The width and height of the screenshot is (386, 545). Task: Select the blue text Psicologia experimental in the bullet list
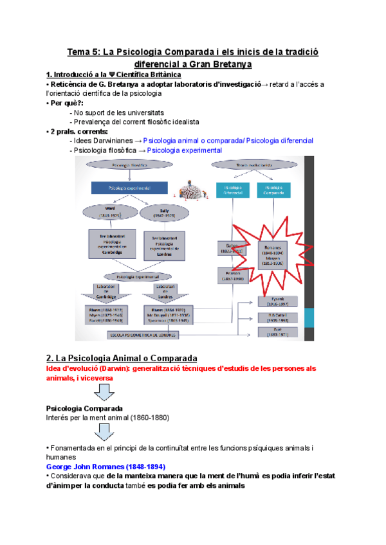click(x=184, y=150)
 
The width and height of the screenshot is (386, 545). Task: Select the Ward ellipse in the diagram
click(x=114, y=213)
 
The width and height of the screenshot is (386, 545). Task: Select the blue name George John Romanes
click(x=106, y=466)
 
